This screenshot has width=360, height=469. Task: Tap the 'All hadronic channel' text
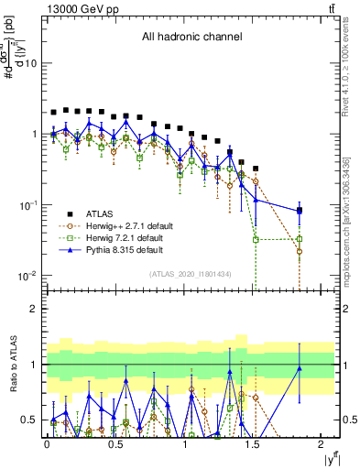tap(191, 38)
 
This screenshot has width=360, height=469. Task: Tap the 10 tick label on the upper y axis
tap(29, 63)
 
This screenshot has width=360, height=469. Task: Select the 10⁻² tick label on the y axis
tap(27, 276)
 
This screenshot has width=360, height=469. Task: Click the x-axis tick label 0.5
tap(116, 446)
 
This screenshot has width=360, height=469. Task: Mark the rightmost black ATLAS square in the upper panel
tap(300, 210)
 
